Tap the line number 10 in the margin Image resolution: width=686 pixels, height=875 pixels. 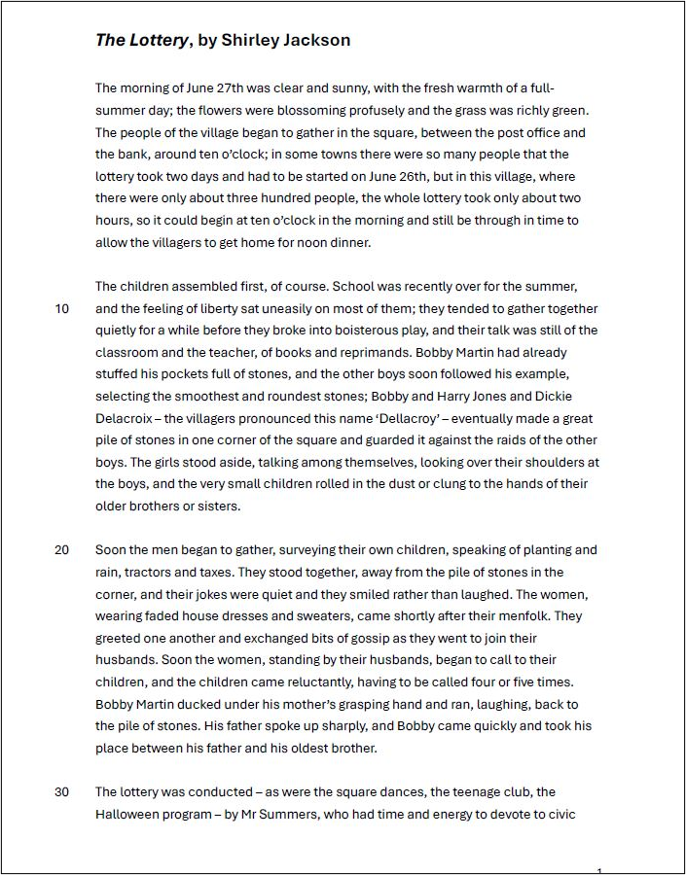click(x=61, y=309)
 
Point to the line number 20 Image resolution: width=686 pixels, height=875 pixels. click(x=61, y=550)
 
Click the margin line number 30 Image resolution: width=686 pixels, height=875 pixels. click(x=61, y=792)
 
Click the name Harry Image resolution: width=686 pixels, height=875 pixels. click(x=436, y=397)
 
